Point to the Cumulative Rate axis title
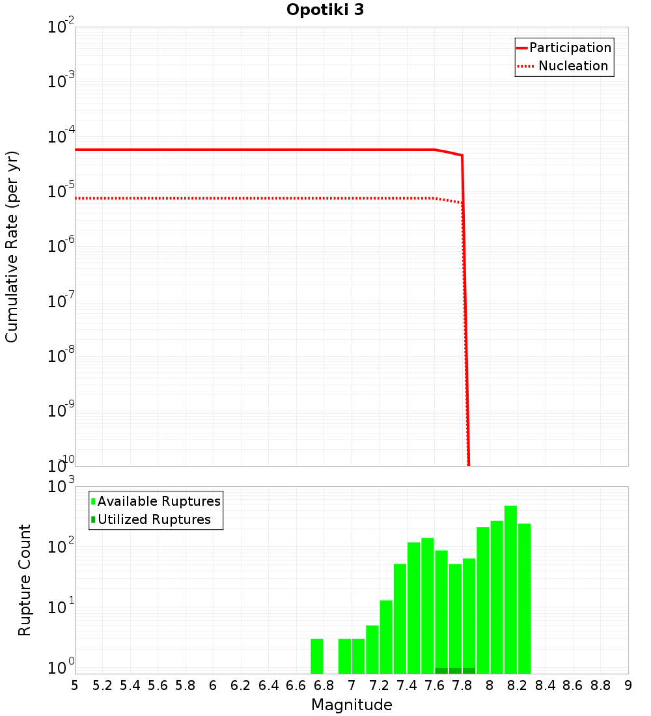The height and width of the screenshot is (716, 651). pos(12,246)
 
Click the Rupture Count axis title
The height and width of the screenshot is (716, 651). pos(25,580)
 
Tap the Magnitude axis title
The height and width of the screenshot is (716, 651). pos(352,705)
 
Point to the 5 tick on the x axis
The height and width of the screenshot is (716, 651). pos(75,685)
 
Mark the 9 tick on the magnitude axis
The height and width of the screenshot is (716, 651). pos(628,685)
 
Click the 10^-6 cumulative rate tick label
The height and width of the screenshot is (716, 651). pos(61,245)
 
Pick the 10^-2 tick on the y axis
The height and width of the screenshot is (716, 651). pos(61,27)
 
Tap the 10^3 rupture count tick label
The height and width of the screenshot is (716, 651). pos(61,486)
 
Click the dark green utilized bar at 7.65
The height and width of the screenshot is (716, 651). pos(441,670)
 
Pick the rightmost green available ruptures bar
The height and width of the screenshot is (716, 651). pos(524,598)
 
